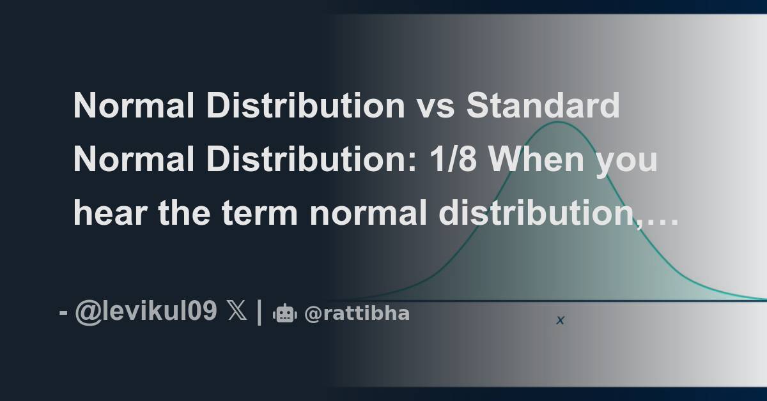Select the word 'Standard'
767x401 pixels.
pyautogui.click(x=543, y=106)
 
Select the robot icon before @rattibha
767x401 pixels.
pyautogui.click(x=284, y=314)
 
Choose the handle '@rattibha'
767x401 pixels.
pyautogui.click(x=357, y=314)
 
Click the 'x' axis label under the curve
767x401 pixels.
pyautogui.click(x=560, y=321)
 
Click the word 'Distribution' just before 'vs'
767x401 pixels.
pyautogui.click(x=306, y=106)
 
